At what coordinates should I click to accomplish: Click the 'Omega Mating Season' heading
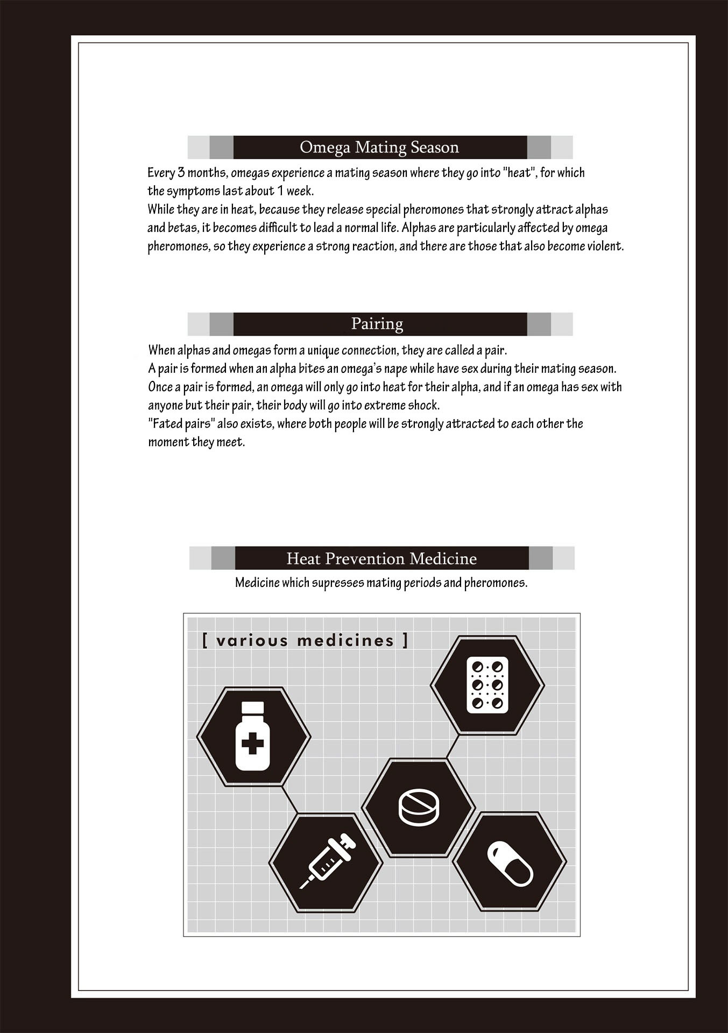click(379, 147)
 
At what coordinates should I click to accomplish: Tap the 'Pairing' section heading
click(377, 323)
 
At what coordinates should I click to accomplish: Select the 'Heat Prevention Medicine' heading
click(381, 558)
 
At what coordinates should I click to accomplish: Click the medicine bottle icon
click(253, 735)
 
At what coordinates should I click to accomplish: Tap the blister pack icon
click(487, 684)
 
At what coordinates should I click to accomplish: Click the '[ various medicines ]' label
click(305, 641)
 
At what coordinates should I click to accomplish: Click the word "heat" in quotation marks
click(520, 173)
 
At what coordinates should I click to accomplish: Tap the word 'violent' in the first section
click(604, 246)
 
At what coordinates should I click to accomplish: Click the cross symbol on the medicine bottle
click(253, 745)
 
